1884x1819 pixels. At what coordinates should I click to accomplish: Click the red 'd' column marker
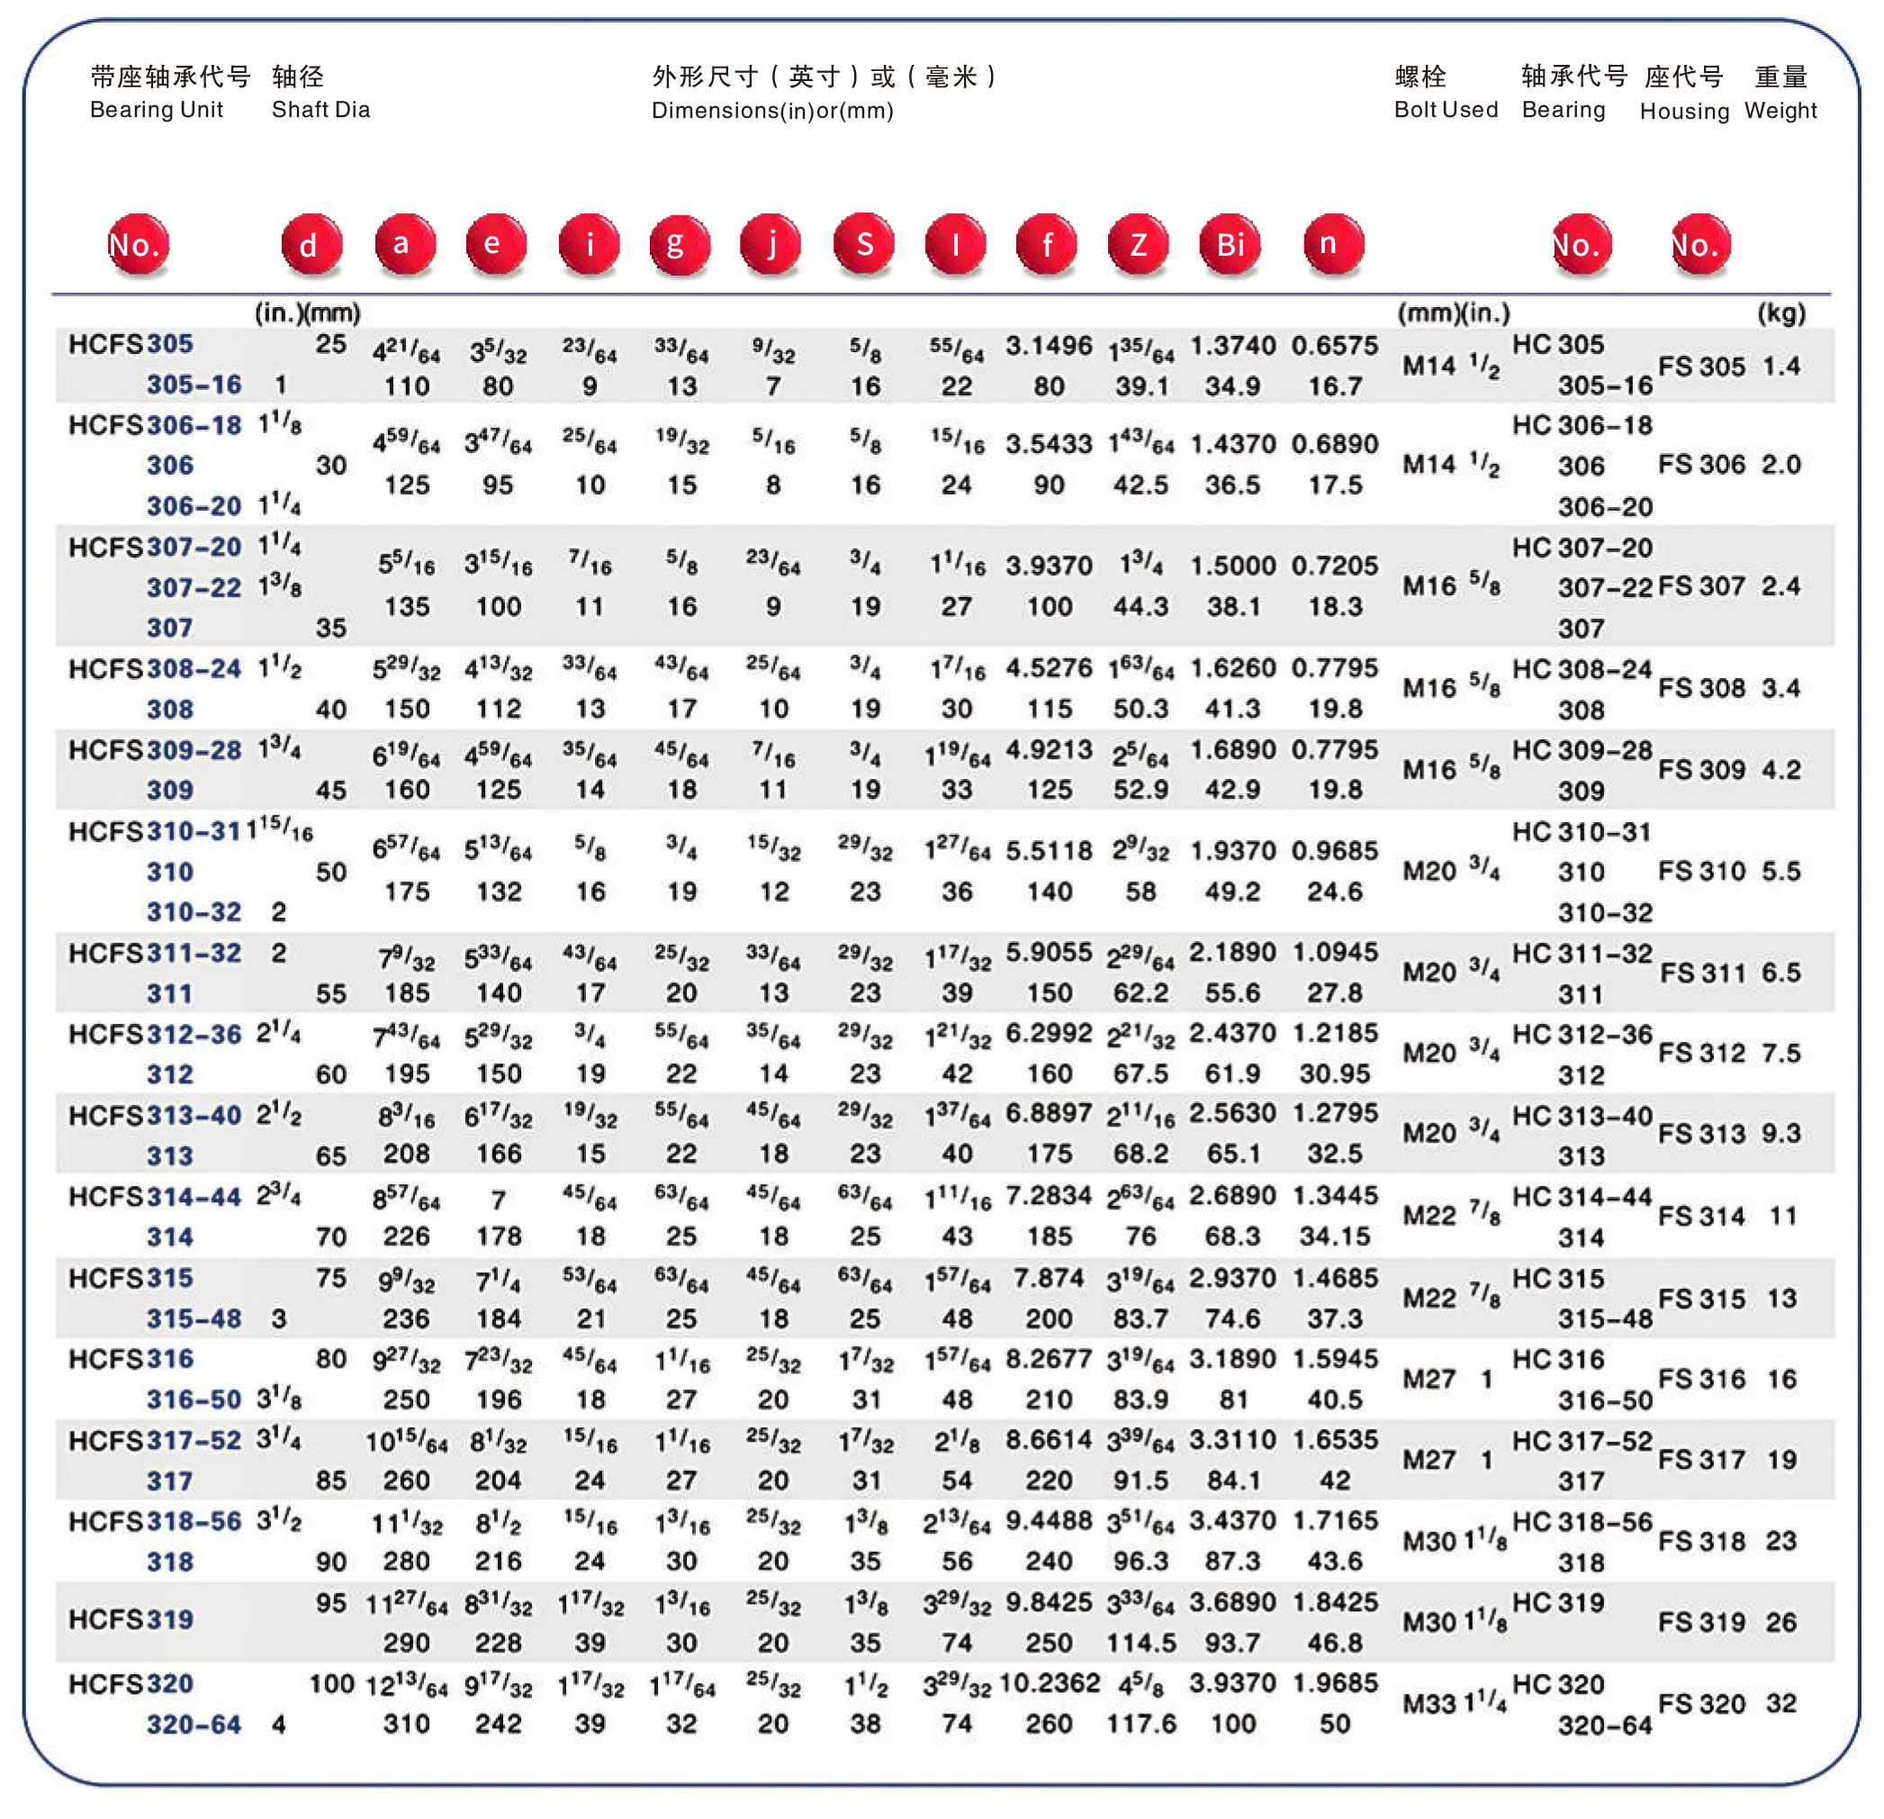(311, 245)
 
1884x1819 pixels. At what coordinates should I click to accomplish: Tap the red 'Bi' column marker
(1230, 244)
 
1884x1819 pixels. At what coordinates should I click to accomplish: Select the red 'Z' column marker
(1138, 244)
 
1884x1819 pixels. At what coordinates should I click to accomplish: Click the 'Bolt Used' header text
(1446, 110)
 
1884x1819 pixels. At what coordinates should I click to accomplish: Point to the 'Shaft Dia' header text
(321, 110)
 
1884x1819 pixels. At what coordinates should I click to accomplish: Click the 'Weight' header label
(1780, 111)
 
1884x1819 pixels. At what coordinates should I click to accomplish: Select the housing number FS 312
(1701, 1053)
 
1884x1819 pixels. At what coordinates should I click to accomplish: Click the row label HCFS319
(131, 1620)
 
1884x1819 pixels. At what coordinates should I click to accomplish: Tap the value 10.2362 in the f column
(1050, 1683)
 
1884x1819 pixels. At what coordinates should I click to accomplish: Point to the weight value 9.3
(1780, 1134)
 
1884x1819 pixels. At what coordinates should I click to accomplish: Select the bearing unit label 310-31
(194, 832)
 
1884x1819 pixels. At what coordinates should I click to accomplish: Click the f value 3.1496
(1049, 346)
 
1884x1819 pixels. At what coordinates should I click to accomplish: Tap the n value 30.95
(1334, 1074)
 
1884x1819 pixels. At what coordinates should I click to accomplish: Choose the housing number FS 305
(1701, 367)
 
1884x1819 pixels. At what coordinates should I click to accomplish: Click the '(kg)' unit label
(1780, 313)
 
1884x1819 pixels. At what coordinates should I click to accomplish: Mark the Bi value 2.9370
(1232, 1279)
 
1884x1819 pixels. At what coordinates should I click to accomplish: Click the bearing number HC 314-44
(1582, 1197)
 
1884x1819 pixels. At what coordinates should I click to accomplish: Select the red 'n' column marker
(1332, 244)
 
